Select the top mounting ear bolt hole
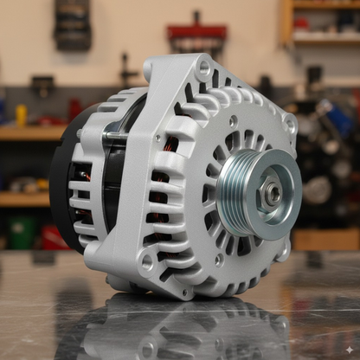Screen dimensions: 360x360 pyautogui.click(x=204, y=66)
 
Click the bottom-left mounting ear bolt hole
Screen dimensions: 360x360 pyautogui.click(x=147, y=260)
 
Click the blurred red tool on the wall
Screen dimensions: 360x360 pyautogui.click(x=196, y=35)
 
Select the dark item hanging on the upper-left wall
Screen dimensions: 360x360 pyautogui.click(x=73, y=23)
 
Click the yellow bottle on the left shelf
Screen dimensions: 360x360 pyautogui.click(x=22, y=114)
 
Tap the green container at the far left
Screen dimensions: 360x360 pyautogui.click(x=21, y=231)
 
